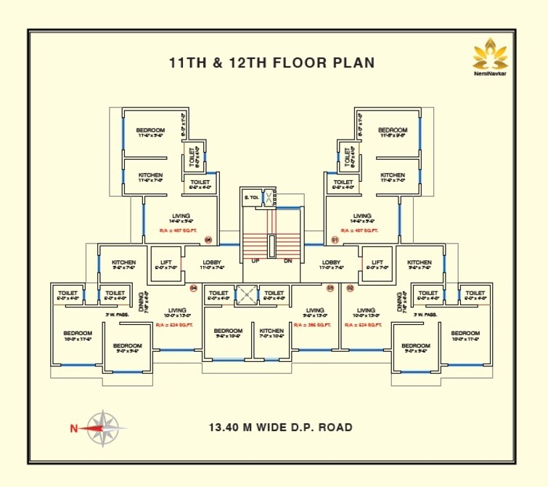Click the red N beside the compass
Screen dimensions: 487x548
[x=73, y=428]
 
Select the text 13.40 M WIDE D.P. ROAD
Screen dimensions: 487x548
[x=280, y=427]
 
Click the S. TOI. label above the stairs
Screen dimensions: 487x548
[x=251, y=197]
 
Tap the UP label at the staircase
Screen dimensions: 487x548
[x=255, y=260]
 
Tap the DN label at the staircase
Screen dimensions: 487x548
[x=287, y=260]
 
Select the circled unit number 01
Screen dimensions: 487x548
[x=335, y=239]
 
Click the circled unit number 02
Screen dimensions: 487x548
[x=349, y=289]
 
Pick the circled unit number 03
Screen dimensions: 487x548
[x=330, y=289]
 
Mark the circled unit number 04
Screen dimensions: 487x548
[x=194, y=289]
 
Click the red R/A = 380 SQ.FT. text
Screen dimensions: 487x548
[x=312, y=325]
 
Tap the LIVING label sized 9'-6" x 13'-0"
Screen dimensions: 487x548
[x=315, y=310]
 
